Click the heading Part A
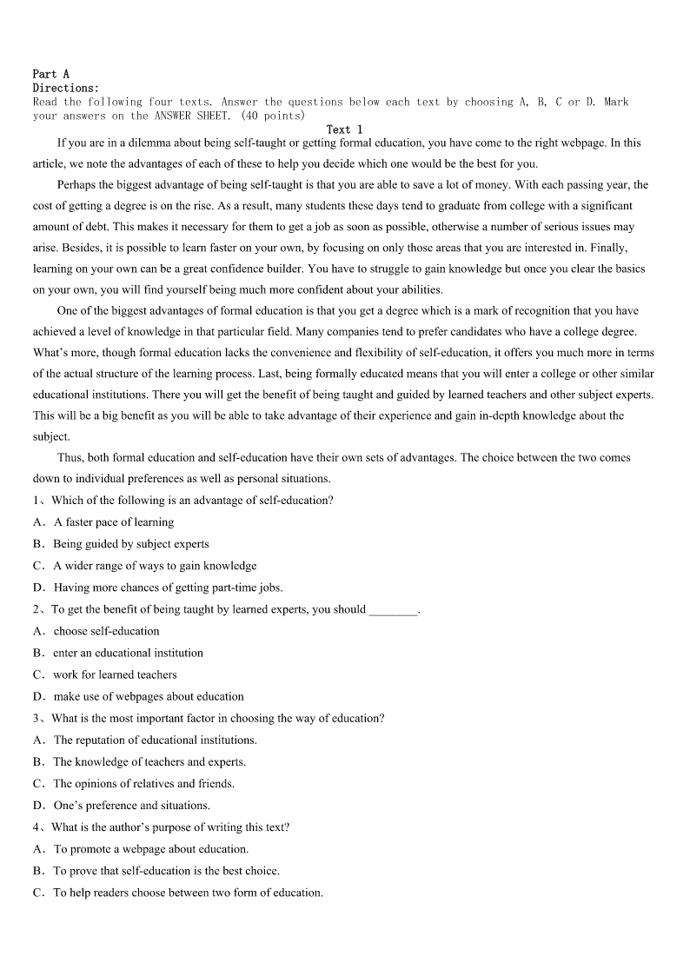[x=50, y=75]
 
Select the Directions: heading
[x=65, y=88]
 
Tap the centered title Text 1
[x=344, y=129]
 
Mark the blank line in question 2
[x=393, y=610]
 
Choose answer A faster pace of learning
[x=114, y=522]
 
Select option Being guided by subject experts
[x=131, y=544]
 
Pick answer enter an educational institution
[x=128, y=653]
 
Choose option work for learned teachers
[x=115, y=674]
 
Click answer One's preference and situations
[x=131, y=805]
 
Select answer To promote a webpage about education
[x=150, y=849]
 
